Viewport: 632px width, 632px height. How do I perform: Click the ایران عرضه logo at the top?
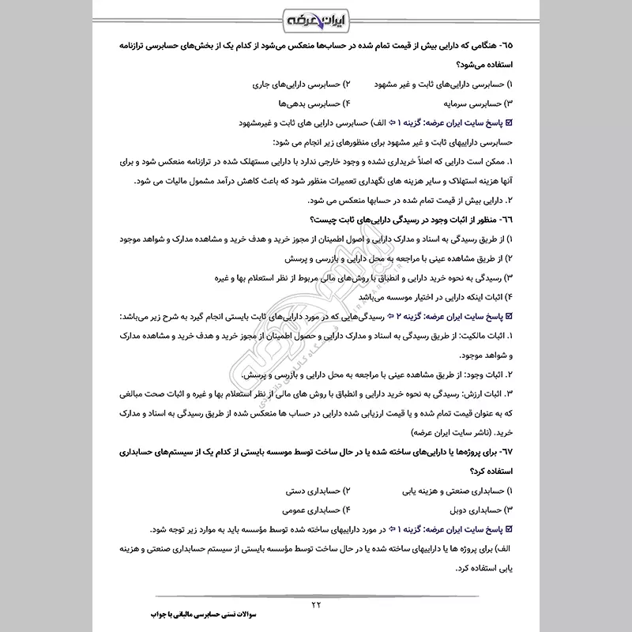[x=316, y=17]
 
